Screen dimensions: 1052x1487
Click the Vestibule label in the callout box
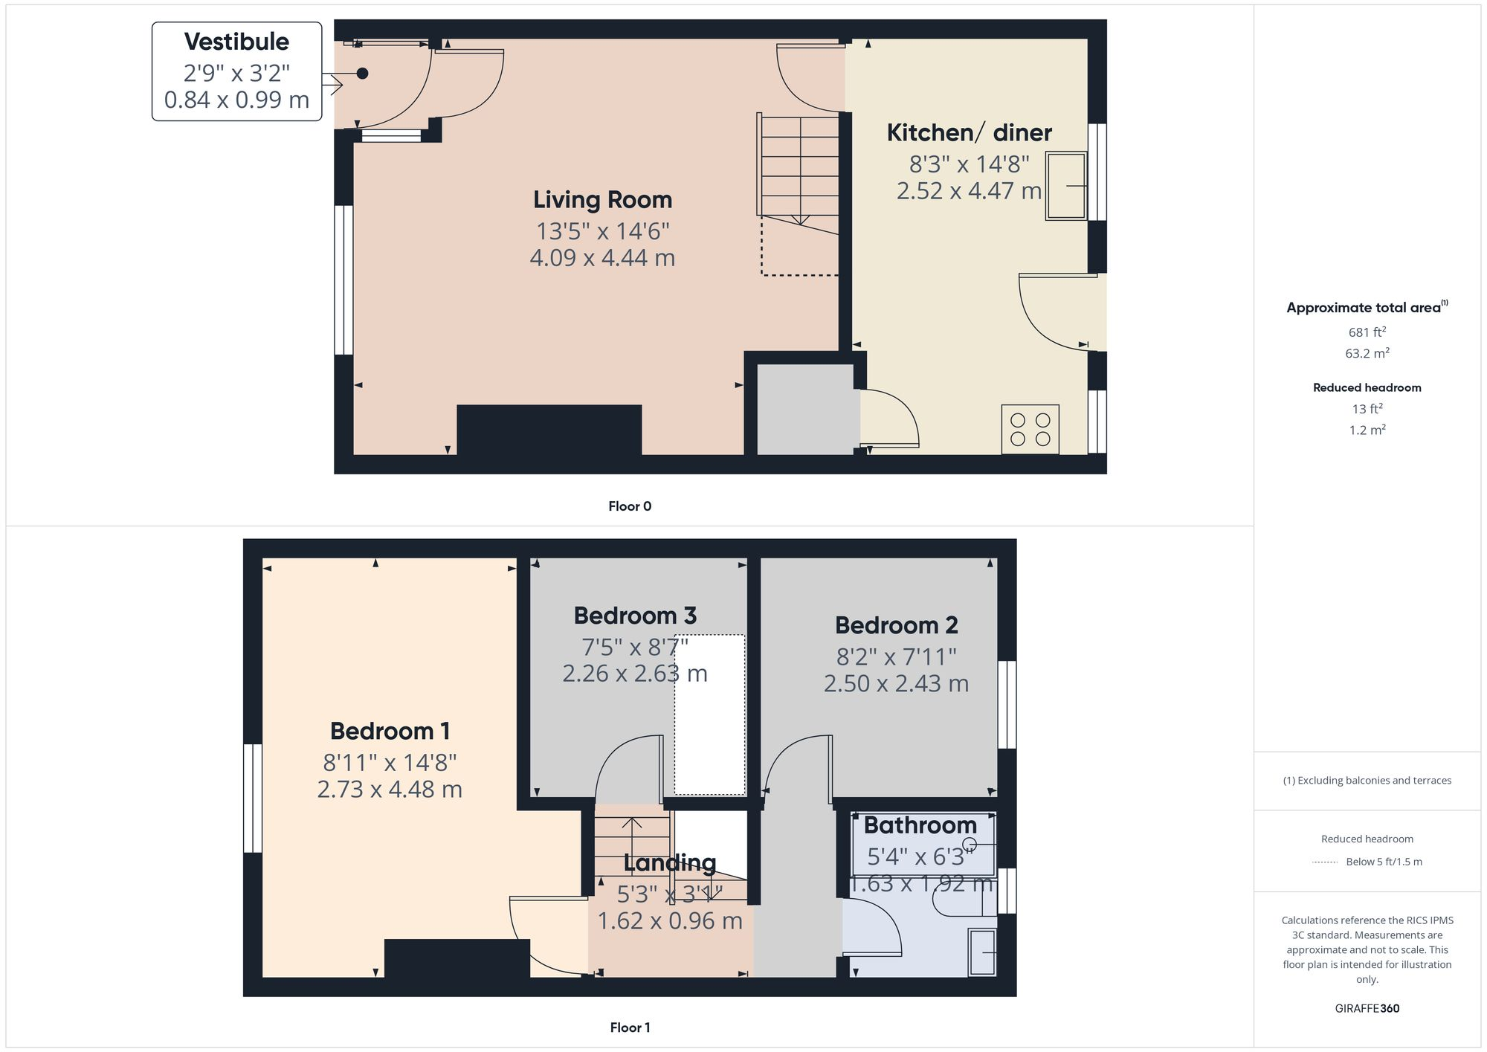pos(236,42)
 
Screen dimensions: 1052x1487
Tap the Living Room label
pos(602,199)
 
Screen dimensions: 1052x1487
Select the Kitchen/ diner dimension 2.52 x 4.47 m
pos(969,191)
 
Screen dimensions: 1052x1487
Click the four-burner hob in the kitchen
pos(1030,430)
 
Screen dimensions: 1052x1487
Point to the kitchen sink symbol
pos(1066,186)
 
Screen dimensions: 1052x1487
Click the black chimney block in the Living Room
pos(549,429)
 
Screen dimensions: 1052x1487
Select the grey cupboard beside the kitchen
pos(804,409)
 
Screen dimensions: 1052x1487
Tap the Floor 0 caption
pos(629,506)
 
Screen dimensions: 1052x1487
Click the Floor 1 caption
pos(629,1027)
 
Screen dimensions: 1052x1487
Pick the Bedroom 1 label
pos(390,731)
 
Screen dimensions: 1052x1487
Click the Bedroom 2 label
pos(896,625)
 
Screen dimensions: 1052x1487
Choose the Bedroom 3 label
pos(635,616)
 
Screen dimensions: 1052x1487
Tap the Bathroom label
pos(920,825)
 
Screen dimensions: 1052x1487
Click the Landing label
pos(669,862)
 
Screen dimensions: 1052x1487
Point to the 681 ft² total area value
pos(1367,332)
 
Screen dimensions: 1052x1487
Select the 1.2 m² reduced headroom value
pos(1367,430)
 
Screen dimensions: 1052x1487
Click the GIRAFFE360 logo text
pos(1367,1008)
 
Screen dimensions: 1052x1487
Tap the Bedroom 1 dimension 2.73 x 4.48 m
pos(390,789)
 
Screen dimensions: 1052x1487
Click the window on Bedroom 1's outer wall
pos(253,798)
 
